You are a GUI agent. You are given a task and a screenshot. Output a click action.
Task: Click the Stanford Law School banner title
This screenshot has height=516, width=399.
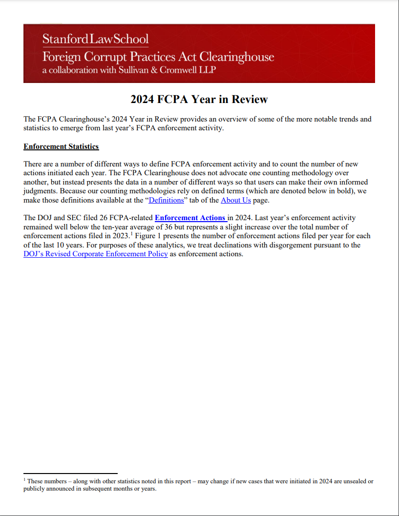(x=95, y=39)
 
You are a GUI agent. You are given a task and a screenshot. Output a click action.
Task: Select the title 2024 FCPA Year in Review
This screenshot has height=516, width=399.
(x=199, y=100)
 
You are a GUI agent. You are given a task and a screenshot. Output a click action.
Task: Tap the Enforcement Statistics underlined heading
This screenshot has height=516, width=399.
(x=61, y=146)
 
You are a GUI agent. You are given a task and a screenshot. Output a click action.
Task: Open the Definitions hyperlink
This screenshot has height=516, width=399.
(x=166, y=200)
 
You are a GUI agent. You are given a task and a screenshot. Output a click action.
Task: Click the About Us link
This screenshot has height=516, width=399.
(x=235, y=200)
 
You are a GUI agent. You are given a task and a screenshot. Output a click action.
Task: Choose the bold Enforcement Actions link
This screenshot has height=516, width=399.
(x=190, y=218)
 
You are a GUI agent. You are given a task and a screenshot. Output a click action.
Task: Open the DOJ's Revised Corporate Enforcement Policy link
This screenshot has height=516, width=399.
(x=96, y=254)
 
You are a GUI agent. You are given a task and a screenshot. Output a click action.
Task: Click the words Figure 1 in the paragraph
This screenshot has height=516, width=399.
(x=146, y=236)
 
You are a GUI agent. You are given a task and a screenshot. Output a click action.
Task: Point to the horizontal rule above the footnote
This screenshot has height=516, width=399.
(x=70, y=473)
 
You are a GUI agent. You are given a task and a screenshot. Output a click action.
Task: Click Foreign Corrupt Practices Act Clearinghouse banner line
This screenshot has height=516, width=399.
(x=158, y=56)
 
